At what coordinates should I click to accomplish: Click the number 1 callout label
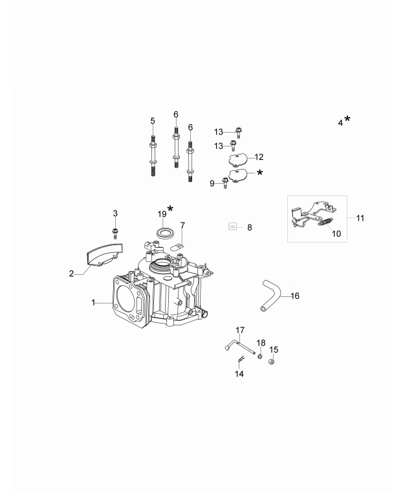click(x=93, y=302)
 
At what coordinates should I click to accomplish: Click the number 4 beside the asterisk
click(x=340, y=122)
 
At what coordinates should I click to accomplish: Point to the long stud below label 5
click(x=153, y=155)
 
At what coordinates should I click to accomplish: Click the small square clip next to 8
click(x=234, y=227)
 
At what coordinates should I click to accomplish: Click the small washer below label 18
click(x=259, y=356)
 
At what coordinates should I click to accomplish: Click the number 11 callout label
click(x=360, y=218)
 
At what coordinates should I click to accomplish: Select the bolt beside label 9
click(x=225, y=182)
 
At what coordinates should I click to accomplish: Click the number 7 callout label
click(x=182, y=225)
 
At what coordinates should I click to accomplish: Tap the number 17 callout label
click(x=239, y=329)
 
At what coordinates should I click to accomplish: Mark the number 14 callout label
click(x=239, y=374)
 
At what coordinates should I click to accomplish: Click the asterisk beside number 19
click(x=171, y=209)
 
